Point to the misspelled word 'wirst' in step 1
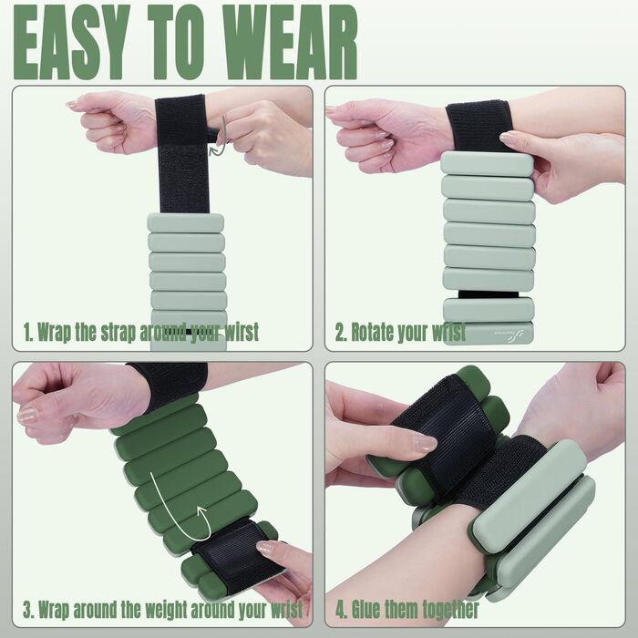tap(241, 332)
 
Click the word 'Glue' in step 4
tap(366, 609)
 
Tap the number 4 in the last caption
tap(340, 610)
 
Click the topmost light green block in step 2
tap(487, 164)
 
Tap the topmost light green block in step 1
tap(186, 223)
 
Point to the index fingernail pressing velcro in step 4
tap(425, 442)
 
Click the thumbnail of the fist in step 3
tap(27, 415)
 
